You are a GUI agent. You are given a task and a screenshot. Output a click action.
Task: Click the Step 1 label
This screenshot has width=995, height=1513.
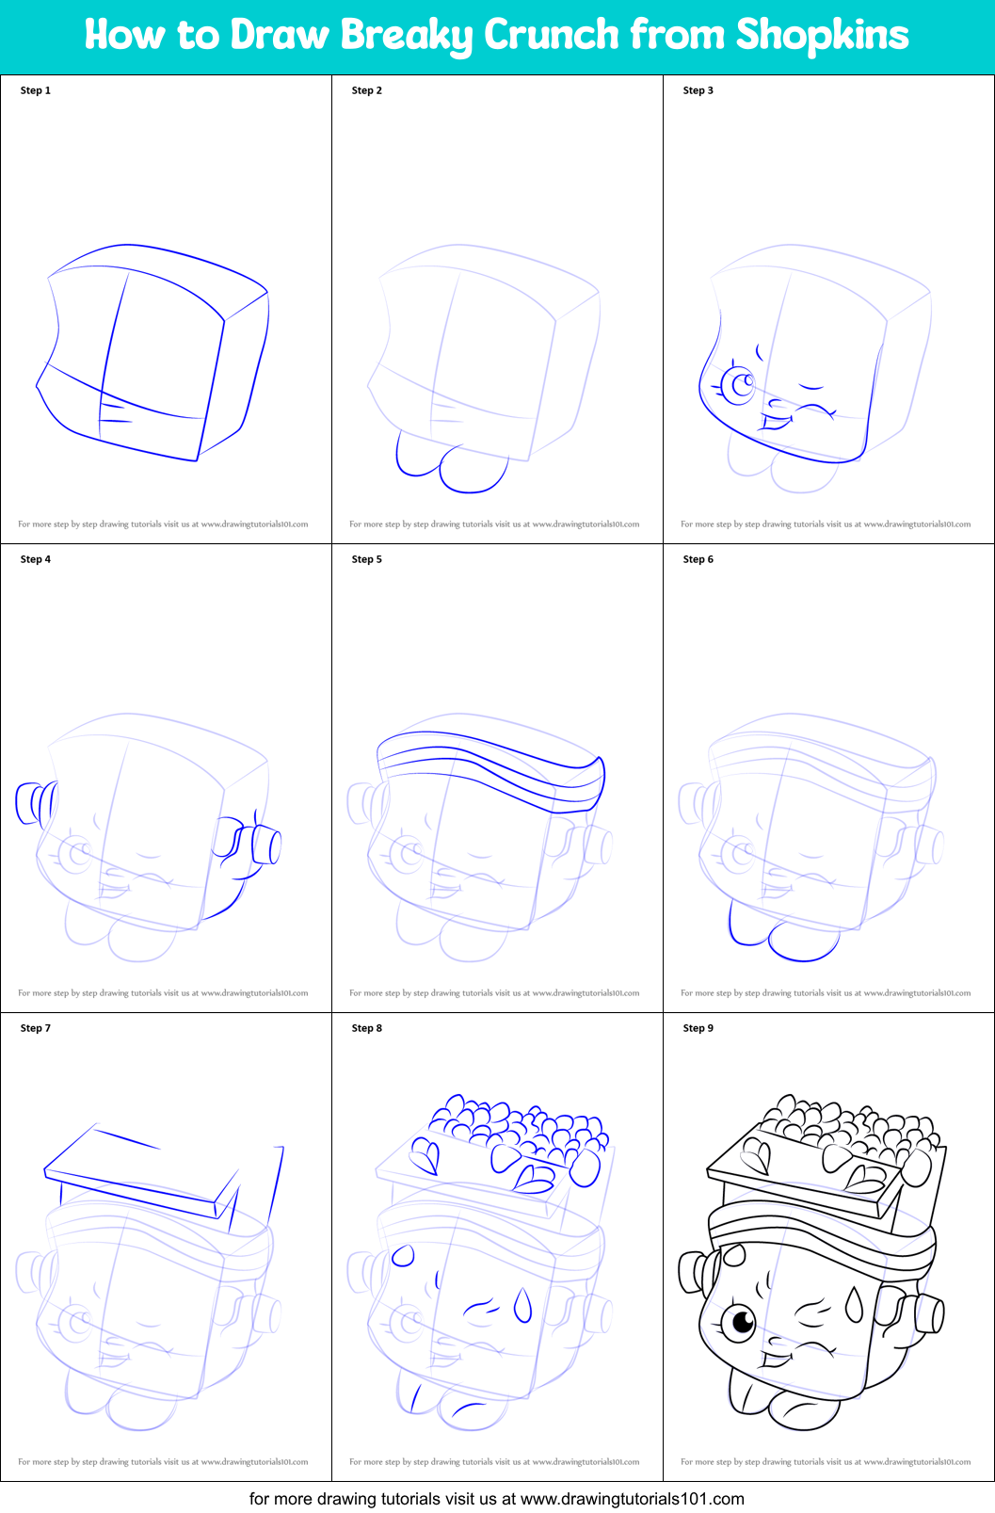click(x=36, y=90)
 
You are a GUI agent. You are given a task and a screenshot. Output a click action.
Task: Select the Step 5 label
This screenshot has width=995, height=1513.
click(x=367, y=559)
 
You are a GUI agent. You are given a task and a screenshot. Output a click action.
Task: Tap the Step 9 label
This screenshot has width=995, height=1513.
click(x=698, y=1028)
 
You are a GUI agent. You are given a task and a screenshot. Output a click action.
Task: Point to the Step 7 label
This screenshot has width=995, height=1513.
click(x=36, y=1028)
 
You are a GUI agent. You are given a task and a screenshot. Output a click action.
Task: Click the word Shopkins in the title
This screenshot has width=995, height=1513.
click(x=822, y=36)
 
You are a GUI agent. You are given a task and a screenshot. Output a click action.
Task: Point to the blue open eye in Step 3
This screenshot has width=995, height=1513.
click(x=739, y=385)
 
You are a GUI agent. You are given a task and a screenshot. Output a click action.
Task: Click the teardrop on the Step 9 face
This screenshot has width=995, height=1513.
click(x=854, y=1305)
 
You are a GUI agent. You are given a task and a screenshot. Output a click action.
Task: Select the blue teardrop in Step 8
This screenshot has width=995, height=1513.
click(x=522, y=1305)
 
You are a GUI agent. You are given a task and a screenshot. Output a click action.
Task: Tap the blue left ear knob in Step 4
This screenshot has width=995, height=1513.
click(x=31, y=803)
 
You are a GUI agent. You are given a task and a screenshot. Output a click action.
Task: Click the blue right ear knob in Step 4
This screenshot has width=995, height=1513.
click(x=266, y=845)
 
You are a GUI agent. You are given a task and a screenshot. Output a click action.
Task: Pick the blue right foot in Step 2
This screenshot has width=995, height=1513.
click(x=473, y=470)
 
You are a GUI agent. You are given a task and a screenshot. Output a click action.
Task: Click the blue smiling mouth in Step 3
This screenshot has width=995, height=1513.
click(x=778, y=421)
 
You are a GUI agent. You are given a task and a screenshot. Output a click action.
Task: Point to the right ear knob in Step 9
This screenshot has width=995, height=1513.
click(x=929, y=1314)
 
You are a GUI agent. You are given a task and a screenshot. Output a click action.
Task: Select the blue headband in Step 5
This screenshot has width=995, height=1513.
click(x=489, y=767)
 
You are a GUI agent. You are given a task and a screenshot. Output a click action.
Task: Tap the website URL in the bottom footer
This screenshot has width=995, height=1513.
click(x=632, y=1498)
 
